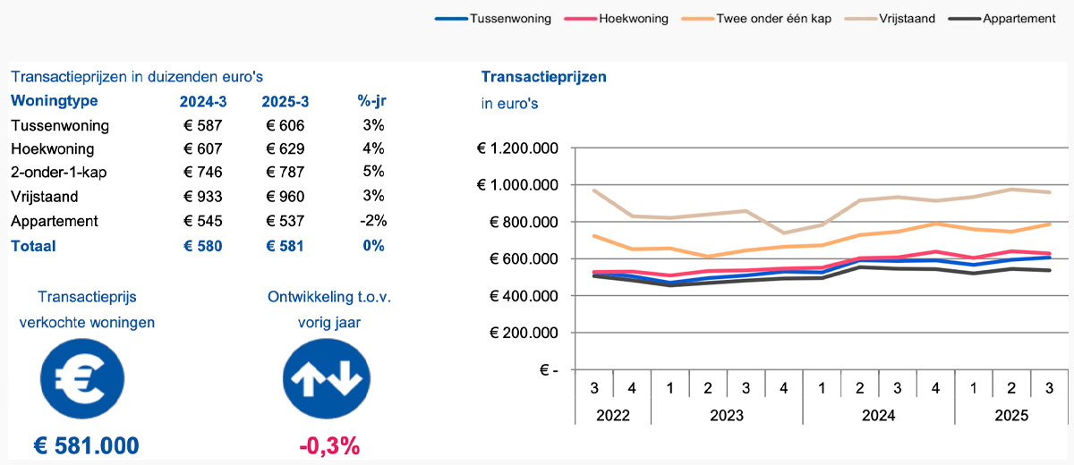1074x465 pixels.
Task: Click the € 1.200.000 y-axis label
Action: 520,148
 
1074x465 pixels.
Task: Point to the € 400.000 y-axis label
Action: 526,296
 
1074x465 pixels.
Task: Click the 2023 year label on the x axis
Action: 726,416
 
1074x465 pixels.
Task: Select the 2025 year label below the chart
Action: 1010,416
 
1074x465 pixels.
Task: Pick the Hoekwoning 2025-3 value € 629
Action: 286,149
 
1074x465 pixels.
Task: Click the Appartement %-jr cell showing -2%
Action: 373,221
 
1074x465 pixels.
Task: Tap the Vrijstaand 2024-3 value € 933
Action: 202,197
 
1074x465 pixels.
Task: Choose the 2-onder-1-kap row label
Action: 59,173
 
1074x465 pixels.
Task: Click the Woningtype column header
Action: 55,101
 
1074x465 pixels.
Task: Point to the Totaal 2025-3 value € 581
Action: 286,246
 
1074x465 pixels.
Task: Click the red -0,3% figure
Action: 329,445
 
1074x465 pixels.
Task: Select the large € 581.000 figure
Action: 87,445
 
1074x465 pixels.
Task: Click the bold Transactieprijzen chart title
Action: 544,77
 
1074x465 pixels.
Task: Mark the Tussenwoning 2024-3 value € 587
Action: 202,125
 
